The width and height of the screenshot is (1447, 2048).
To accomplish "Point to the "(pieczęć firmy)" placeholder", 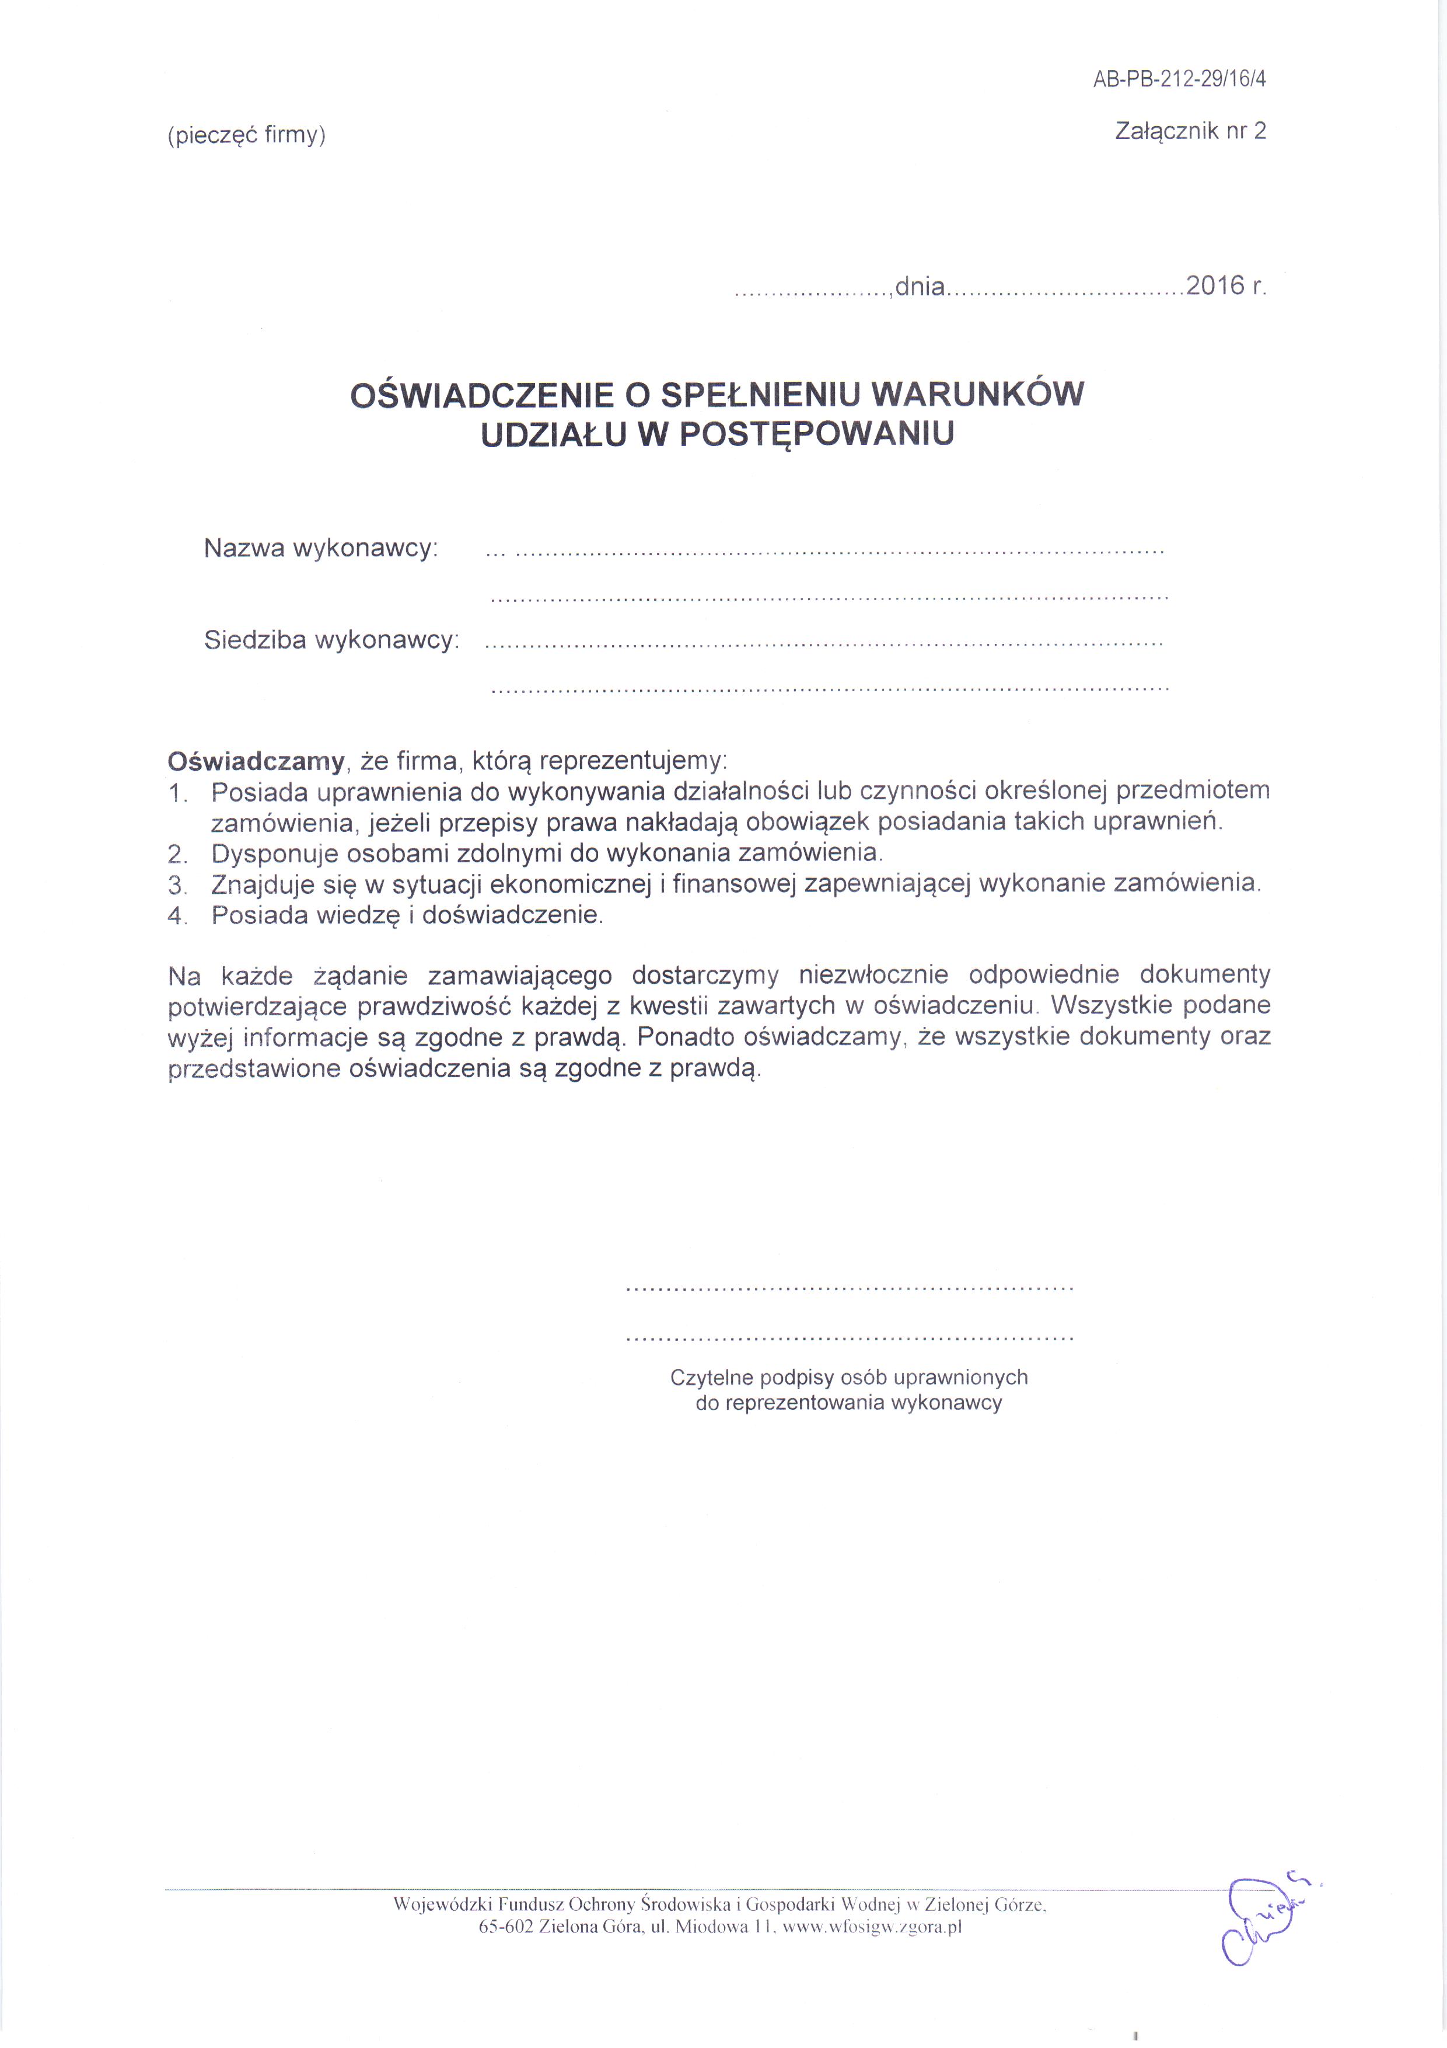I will pos(247,135).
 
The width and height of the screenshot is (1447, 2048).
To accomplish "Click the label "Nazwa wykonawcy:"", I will pos(321,548).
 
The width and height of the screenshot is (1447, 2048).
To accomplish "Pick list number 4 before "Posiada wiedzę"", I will pos(177,916).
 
